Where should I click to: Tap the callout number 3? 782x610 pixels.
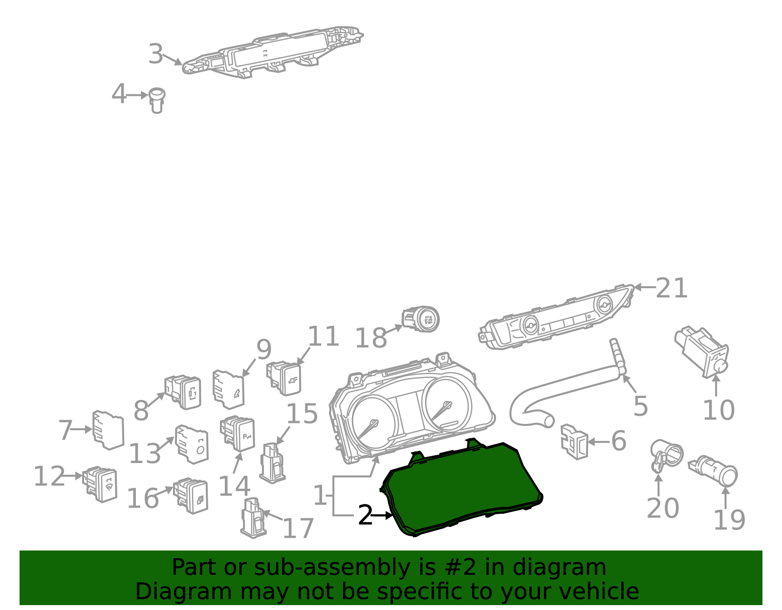coord(156,54)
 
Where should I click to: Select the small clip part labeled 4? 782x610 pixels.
coord(157,100)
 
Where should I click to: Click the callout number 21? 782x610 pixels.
coord(672,288)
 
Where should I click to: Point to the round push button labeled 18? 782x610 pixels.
coord(421,319)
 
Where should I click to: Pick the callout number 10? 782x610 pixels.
coord(718,410)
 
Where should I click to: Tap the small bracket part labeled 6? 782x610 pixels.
coord(574,442)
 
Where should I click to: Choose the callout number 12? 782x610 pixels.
coord(49,476)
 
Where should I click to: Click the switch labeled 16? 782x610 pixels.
coord(191,496)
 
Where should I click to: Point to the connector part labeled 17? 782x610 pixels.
coord(254,518)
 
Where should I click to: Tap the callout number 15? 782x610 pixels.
coord(302,414)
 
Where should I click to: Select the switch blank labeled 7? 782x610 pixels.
coord(109,430)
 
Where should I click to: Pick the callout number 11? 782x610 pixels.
coord(323,337)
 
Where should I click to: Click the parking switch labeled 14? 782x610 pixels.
coord(238,434)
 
